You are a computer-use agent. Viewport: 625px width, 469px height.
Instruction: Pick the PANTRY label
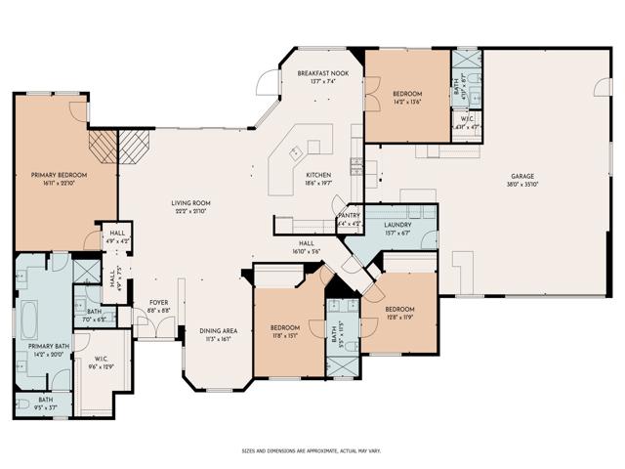[x=349, y=217]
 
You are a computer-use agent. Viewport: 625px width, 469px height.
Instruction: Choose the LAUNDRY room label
[x=396, y=225]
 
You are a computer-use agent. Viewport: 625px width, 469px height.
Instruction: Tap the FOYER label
[x=158, y=303]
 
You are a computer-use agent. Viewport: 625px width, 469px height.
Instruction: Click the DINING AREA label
[x=218, y=330]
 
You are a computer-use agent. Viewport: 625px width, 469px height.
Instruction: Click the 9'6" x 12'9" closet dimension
[x=102, y=366]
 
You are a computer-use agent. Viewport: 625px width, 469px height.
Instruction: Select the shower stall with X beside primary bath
[x=85, y=269]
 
